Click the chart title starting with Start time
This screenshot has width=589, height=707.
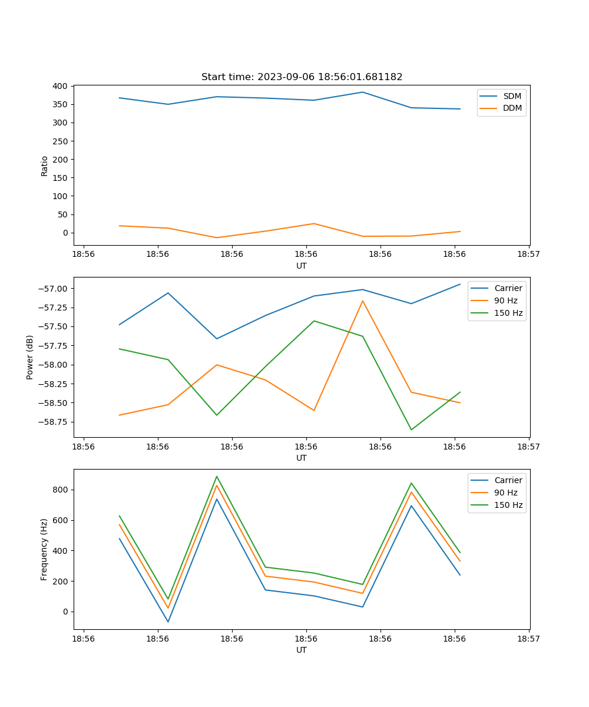302,77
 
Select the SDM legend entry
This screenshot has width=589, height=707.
512,96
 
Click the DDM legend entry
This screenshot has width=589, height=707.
512,108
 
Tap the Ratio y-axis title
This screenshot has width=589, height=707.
45,166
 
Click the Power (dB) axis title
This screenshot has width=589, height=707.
30,357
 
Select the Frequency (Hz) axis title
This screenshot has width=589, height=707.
44,549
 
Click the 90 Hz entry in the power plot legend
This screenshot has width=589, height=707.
506,300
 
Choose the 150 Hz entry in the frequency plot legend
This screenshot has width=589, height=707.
508,505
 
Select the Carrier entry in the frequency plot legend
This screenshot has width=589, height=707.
508,480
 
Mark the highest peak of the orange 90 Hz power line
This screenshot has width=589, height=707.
363,300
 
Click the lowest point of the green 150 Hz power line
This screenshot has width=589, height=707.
411,430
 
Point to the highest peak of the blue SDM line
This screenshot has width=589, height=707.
363,92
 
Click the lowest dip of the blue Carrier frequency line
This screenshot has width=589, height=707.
168,622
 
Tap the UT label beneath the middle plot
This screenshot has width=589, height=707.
302,458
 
